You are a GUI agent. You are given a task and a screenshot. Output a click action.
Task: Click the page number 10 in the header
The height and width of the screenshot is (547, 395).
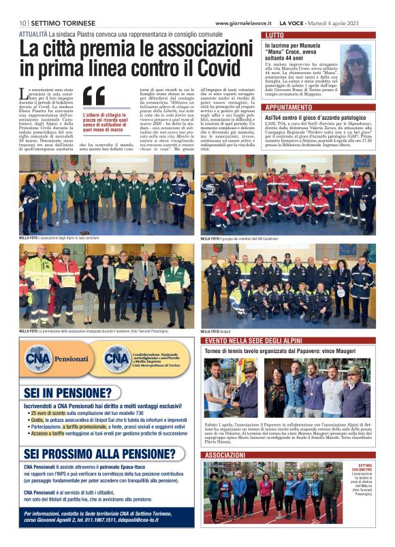click(x=22, y=22)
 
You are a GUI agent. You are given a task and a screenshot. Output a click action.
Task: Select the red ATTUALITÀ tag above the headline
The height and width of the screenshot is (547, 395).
click(x=33, y=33)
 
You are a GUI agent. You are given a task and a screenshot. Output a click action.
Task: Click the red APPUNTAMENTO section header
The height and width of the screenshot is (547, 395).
click(x=289, y=107)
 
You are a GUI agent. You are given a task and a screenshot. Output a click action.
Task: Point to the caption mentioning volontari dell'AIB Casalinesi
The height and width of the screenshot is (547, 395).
click(x=249, y=239)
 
